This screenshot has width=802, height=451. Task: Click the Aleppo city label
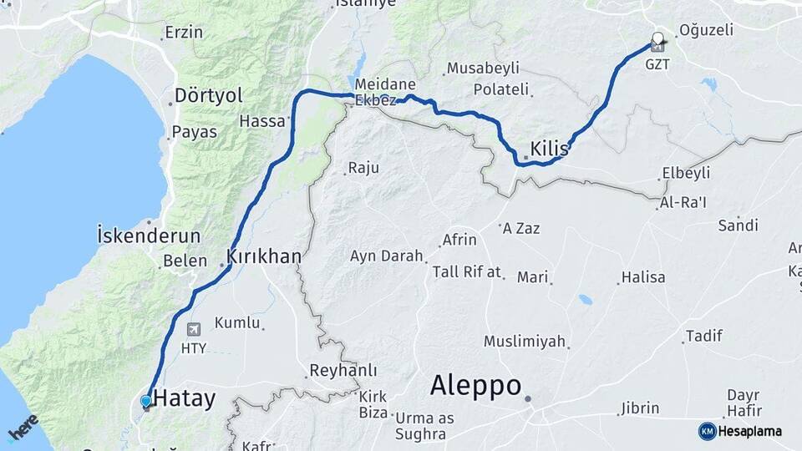(475, 386)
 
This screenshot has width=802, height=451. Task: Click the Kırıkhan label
(263, 256)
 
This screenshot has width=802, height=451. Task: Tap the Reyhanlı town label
(343, 370)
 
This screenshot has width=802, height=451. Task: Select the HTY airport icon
(195, 329)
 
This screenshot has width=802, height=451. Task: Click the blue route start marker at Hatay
(146, 402)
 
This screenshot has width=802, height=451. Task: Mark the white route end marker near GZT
(657, 38)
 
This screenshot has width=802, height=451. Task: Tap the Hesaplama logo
(740, 431)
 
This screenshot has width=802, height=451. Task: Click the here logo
(23, 427)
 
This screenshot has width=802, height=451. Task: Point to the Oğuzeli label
(707, 30)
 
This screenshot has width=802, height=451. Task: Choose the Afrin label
(459, 240)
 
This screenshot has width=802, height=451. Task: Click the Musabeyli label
(495, 68)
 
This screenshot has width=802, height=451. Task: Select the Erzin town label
(184, 33)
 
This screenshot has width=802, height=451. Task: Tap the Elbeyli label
(685, 173)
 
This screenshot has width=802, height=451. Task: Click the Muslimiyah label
(525, 342)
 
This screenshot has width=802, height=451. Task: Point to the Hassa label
(261, 121)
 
